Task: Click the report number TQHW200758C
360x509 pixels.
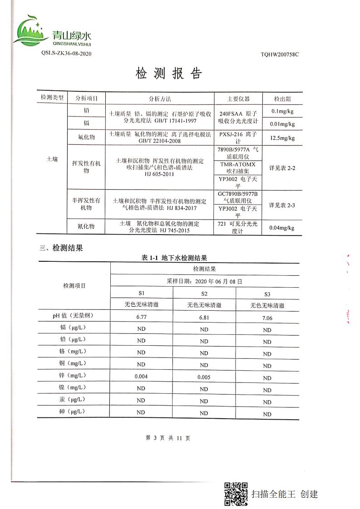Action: point(280,54)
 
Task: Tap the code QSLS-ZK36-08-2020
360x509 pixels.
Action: point(66,53)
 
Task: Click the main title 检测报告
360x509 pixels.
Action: point(168,74)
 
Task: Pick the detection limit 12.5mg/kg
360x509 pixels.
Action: point(282,138)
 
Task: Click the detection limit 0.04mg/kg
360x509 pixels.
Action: point(282,228)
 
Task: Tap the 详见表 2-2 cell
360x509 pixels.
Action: point(282,168)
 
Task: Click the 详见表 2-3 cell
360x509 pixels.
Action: point(282,205)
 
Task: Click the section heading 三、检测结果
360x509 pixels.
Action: point(61,248)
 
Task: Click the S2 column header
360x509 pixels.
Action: point(204,294)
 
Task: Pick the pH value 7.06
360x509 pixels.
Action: point(267,318)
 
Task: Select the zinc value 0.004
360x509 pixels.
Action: point(141,376)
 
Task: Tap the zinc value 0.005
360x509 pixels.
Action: point(204,377)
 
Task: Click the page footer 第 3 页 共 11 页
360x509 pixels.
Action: point(168,438)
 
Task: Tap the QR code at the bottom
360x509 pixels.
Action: point(236,494)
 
